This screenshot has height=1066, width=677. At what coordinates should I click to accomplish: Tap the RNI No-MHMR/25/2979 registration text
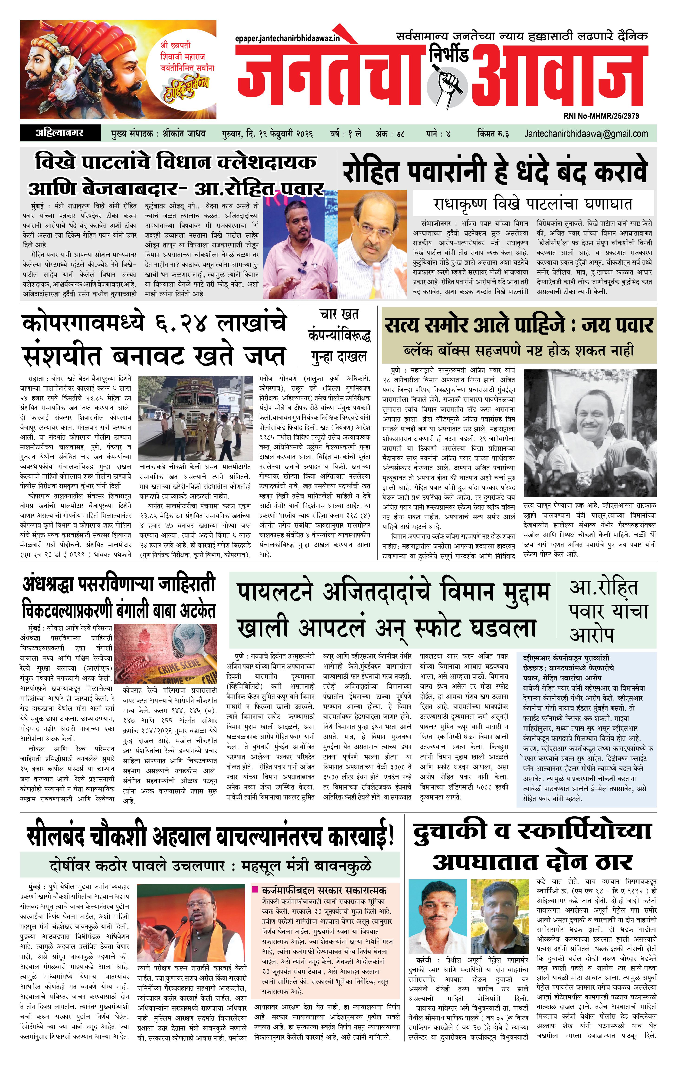point(601,116)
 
